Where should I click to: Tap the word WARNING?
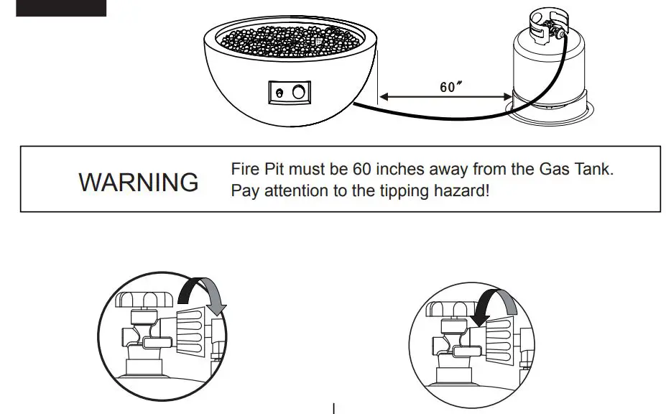[139, 182]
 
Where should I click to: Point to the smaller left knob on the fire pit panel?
[279, 93]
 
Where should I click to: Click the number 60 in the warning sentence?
[361, 170]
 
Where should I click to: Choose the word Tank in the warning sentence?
[596, 170]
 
